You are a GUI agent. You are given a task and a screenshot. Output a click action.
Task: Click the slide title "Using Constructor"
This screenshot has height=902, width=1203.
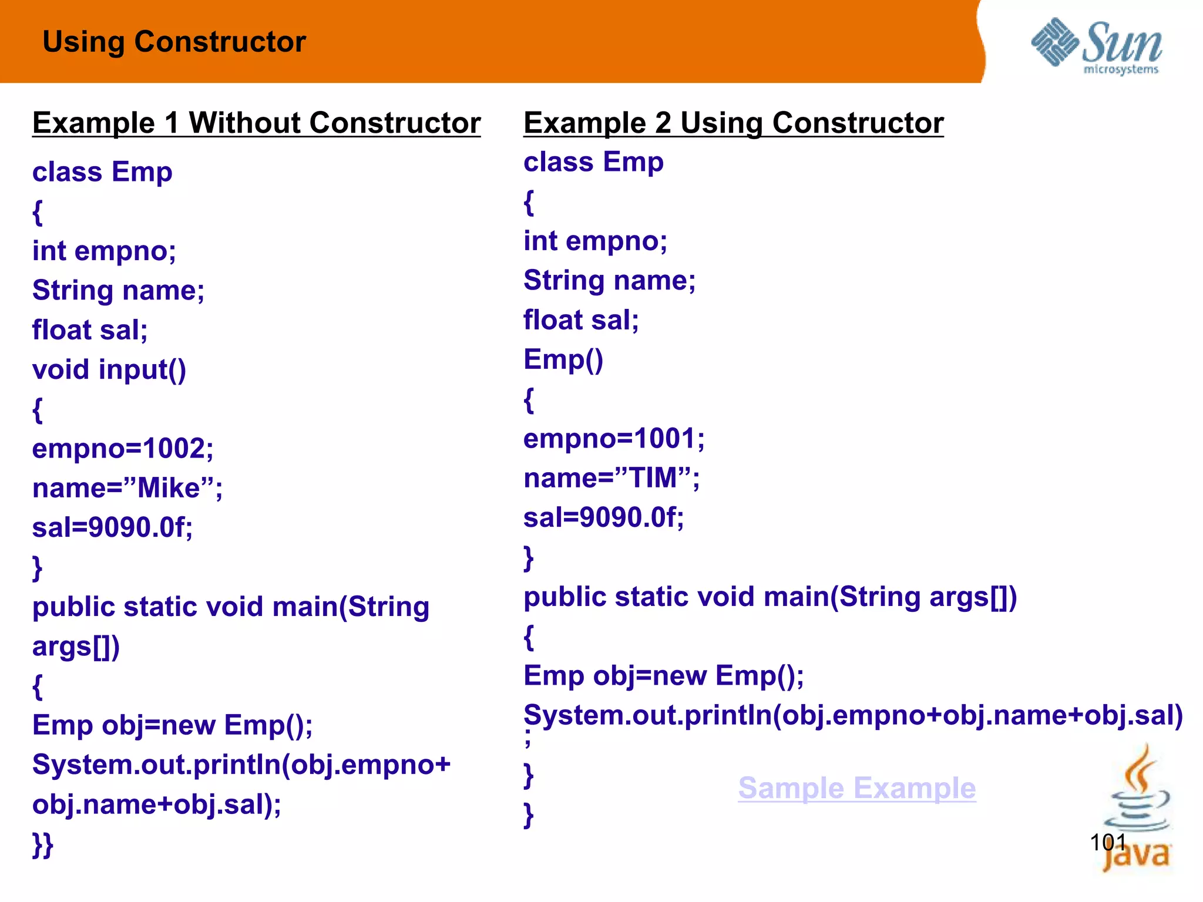[174, 42]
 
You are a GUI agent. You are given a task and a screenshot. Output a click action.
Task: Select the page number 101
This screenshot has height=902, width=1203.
[1107, 842]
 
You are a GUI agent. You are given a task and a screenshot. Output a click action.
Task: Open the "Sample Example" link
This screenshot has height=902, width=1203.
[857, 787]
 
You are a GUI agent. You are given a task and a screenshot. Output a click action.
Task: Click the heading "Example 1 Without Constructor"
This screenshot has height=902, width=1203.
[256, 123]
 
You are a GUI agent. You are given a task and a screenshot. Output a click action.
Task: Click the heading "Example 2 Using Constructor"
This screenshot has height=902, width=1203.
[734, 123]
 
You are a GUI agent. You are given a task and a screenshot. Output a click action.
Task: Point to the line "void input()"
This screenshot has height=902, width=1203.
[109, 370]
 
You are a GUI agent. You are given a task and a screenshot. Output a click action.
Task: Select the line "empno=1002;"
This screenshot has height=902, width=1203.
[123, 449]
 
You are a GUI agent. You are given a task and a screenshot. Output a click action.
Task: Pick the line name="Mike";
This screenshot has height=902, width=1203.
[127, 488]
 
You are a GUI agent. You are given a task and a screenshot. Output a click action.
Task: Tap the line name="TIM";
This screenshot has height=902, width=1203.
[611, 478]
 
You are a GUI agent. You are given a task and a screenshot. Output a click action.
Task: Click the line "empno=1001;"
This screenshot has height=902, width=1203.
[614, 439]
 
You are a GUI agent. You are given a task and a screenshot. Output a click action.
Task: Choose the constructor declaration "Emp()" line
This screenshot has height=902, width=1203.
[563, 359]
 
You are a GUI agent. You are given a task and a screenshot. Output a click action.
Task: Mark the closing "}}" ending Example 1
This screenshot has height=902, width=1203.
[43, 844]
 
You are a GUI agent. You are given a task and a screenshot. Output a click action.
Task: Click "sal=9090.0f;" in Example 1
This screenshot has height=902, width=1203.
[112, 527]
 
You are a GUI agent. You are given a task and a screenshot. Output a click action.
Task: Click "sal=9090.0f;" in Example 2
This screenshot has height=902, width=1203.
[604, 517]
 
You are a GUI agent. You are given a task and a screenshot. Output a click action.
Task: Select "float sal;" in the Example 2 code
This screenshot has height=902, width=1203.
[581, 320]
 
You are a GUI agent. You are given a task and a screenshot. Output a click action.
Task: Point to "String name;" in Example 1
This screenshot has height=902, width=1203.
[118, 291]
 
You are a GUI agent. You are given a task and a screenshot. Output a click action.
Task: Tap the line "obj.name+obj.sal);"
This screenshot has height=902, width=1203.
[157, 805]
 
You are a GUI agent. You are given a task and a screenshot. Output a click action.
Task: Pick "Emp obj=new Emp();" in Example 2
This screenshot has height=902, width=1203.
[664, 675]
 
